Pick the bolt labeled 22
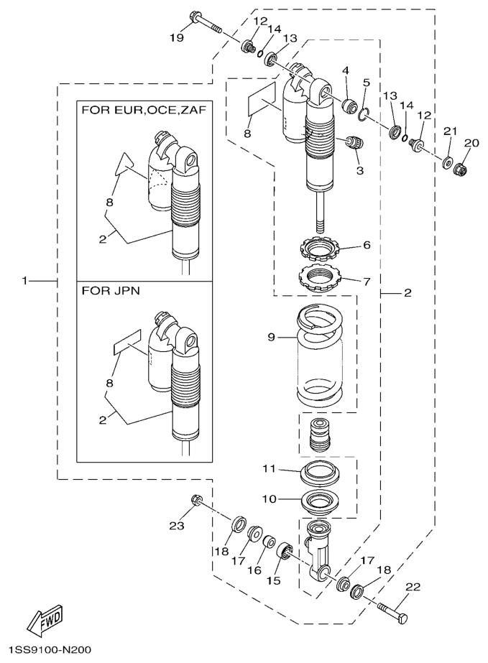click(x=393, y=613)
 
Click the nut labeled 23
click(x=197, y=500)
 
